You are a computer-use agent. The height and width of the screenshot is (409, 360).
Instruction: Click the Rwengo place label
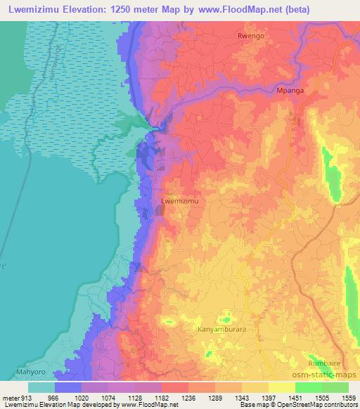251,35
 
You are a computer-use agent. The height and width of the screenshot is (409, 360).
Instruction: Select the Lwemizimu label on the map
181,201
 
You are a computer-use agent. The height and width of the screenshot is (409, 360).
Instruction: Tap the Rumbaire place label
324,363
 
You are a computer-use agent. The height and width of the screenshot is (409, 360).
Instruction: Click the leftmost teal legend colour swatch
41,387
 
